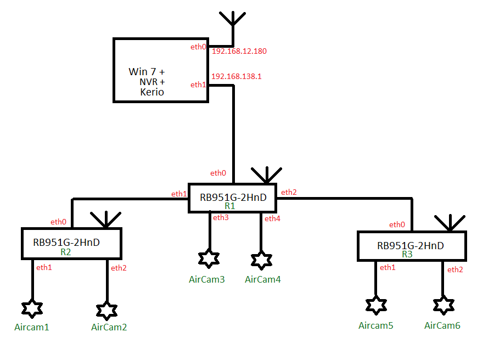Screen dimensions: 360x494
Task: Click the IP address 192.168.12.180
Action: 239,51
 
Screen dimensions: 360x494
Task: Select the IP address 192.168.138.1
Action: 237,76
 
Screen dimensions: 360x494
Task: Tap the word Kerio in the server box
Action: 152,92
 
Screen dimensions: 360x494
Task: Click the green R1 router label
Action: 230,206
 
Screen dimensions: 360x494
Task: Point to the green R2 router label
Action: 66,252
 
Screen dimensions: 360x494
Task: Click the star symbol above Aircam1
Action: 32,309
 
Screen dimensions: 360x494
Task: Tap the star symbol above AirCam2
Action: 106,310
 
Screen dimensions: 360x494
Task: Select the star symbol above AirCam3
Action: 209,258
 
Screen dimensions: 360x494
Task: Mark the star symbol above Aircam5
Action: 376,305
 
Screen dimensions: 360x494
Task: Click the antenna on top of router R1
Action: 266,174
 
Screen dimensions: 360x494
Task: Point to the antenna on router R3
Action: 450,222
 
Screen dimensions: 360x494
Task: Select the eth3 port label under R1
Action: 221,218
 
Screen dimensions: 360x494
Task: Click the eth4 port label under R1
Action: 272,219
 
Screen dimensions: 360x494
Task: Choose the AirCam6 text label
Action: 442,325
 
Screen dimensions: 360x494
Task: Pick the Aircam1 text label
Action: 32,328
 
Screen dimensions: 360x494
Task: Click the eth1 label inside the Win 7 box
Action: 198,85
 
